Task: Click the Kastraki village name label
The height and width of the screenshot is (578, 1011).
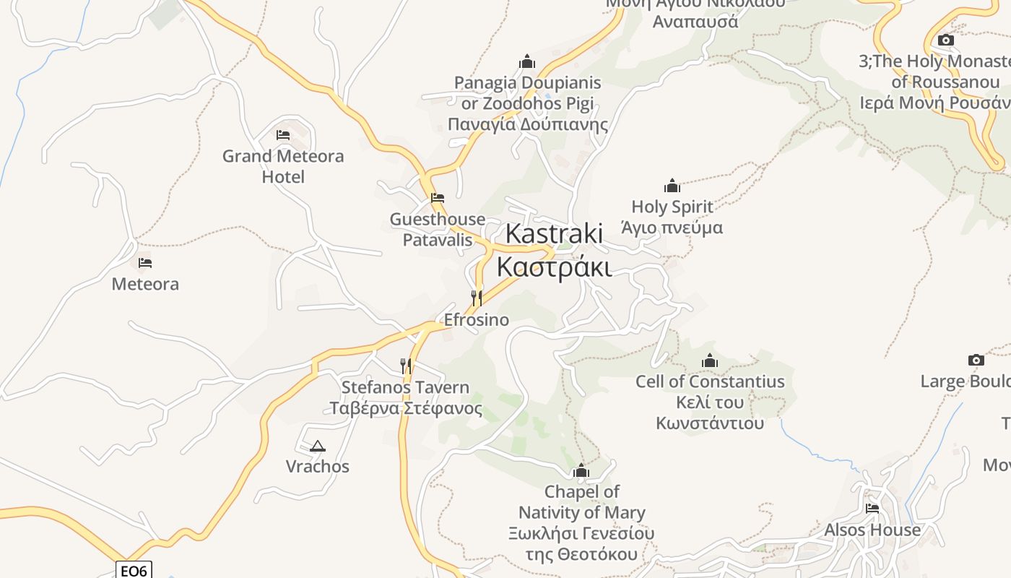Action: point(554,250)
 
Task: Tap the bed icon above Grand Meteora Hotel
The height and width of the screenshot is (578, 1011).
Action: point(283,134)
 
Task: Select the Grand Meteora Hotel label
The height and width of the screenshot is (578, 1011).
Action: point(283,166)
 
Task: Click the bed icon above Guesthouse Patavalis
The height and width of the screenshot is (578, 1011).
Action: point(438,197)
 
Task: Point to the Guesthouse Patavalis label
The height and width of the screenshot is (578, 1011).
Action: point(438,229)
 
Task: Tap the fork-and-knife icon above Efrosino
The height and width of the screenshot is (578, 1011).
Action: point(476,298)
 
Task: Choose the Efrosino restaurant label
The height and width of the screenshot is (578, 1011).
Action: point(476,319)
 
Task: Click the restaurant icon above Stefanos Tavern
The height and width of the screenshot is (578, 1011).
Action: point(406,366)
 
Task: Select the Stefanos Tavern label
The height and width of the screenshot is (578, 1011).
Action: point(406,397)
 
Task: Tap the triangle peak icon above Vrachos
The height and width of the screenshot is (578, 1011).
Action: point(317,446)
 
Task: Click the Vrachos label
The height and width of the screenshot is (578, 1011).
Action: point(317,467)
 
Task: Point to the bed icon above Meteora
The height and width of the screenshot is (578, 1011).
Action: point(145,263)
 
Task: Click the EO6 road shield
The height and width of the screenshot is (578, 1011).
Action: point(134,571)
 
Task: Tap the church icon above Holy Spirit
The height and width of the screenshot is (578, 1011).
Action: point(672,186)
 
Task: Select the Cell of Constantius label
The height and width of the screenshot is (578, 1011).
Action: point(709,402)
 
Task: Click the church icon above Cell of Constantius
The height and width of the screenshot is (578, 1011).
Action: point(710,361)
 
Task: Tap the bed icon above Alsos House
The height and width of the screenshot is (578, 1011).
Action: point(872,509)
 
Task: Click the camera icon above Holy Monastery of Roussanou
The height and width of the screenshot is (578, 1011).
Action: point(945,40)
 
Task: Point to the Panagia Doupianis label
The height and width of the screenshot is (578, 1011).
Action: point(527,103)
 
